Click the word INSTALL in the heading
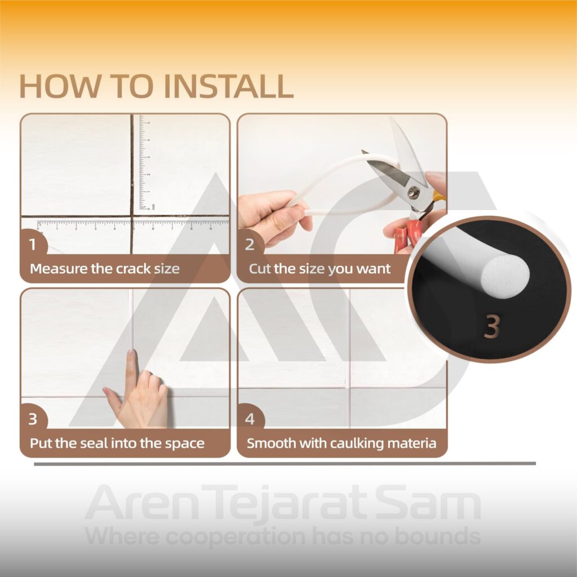click(x=229, y=86)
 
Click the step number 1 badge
click(x=33, y=243)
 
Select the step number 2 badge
click(x=250, y=244)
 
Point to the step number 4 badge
click(x=250, y=419)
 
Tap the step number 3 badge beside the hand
click(x=33, y=419)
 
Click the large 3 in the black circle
click(x=492, y=326)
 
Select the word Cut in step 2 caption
click(x=259, y=269)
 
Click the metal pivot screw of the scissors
click(x=414, y=192)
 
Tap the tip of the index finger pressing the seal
click(x=131, y=353)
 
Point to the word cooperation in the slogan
click(x=235, y=537)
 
